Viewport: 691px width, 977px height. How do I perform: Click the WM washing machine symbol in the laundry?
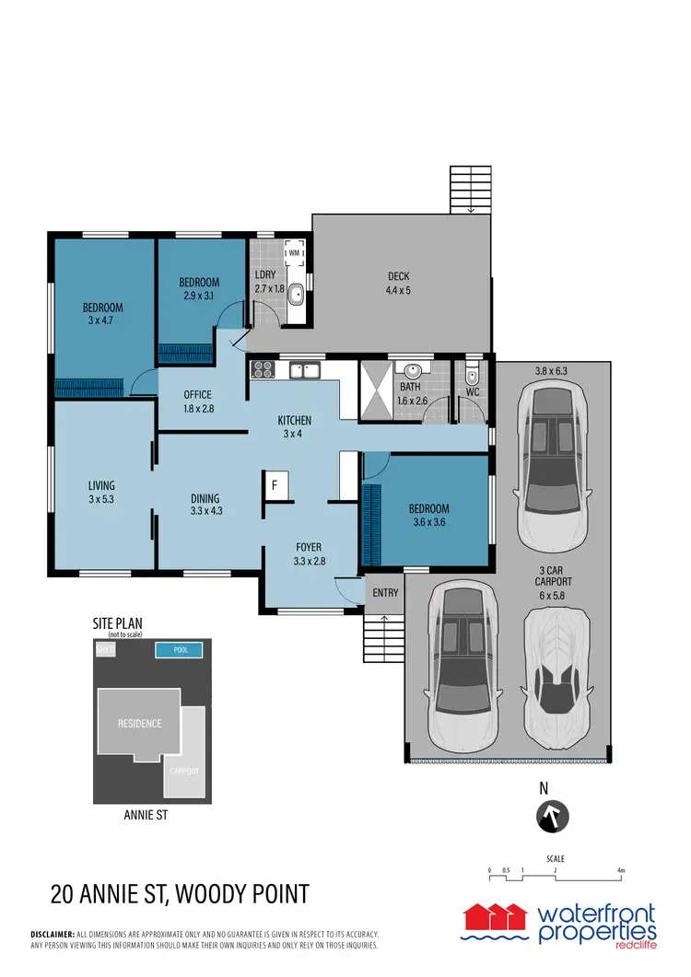click(x=295, y=253)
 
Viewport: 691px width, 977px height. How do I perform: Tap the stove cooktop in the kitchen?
click(x=262, y=370)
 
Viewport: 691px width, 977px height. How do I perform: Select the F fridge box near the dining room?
click(x=274, y=485)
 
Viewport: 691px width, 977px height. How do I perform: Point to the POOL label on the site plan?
click(x=181, y=650)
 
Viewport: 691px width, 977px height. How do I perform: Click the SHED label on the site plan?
click(x=105, y=650)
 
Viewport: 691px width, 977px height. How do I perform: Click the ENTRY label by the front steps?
click(x=384, y=593)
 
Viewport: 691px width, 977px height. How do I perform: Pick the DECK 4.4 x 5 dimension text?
click(x=398, y=291)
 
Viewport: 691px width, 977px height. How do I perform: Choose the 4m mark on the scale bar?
click(x=621, y=870)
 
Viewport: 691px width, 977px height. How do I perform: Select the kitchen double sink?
click(x=304, y=371)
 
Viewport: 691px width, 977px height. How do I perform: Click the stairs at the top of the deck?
click(x=471, y=189)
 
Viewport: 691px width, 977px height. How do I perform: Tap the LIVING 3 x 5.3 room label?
click(x=101, y=492)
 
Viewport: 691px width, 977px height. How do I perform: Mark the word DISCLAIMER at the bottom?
click(x=53, y=933)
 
